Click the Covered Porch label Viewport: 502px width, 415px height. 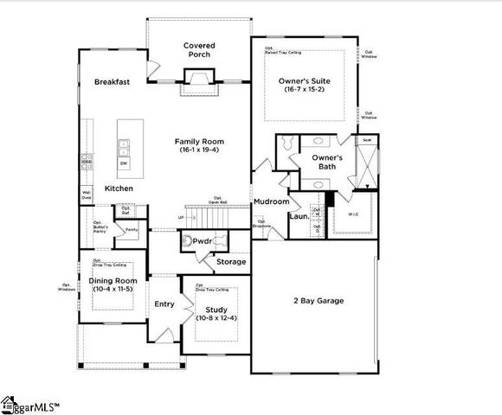[199, 50]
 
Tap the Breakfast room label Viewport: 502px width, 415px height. [113, 82]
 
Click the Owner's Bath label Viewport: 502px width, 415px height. [327, 162]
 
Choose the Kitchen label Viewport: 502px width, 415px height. [119, 188]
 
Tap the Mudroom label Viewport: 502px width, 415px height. [271, 201]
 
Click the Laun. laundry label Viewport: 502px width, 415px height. [299, 217]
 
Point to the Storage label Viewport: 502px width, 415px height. [231, 261]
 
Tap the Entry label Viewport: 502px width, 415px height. [164, 303]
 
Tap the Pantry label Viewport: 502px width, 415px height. [132, 229]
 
